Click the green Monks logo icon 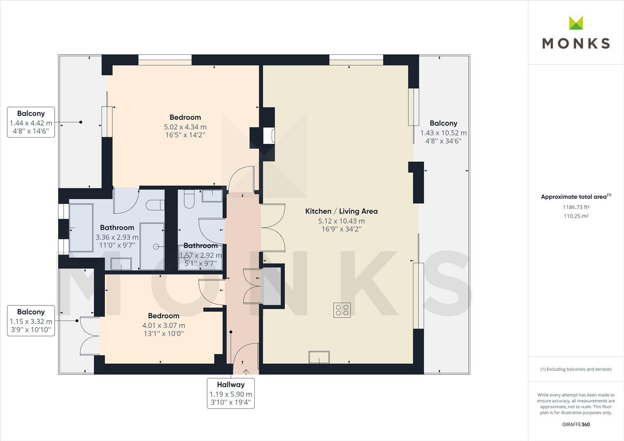(576, 23)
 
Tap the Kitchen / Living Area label (341, 211)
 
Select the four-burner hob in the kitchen (342, 310)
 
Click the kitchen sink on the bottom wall (319, 357)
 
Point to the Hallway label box (231, 393)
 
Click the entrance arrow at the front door (246, 372)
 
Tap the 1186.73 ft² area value (576, 207)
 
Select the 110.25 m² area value (576, 216)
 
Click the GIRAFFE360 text (576, 424)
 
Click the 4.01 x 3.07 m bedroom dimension (164, 325)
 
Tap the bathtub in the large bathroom (81, 227)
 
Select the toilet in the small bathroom (189, 198)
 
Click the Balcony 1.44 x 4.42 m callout (31, 122)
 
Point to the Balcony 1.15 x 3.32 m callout (31, 321)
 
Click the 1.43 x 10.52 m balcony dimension (443, 133)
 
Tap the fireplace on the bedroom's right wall (269, 136)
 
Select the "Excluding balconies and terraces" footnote (576, 369)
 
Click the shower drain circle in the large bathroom (156, 246)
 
